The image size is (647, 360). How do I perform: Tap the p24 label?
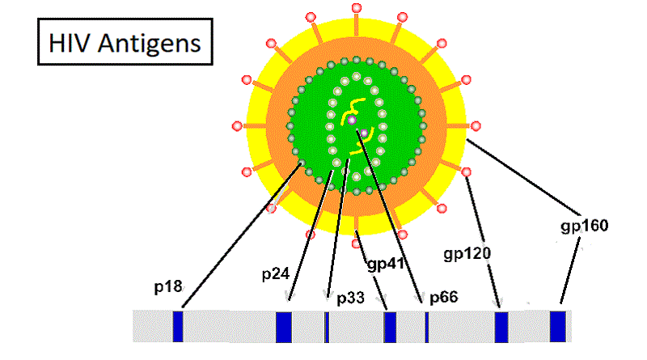(276, 274)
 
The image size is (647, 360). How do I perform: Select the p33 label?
(350, 298)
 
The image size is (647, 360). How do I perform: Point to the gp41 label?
(386, 264)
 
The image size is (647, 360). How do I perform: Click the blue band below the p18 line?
(178, 325)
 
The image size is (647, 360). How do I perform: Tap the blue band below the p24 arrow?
(283, 325)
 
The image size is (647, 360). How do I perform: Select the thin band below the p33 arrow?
(327, 325)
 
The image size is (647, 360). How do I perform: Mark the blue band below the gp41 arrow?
(390, 325)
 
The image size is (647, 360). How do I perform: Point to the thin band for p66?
(426, 325)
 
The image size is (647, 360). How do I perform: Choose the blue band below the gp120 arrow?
(501, 325)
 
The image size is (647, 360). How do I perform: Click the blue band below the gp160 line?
(557, 325)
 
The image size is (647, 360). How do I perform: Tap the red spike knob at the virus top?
(357, 7)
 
